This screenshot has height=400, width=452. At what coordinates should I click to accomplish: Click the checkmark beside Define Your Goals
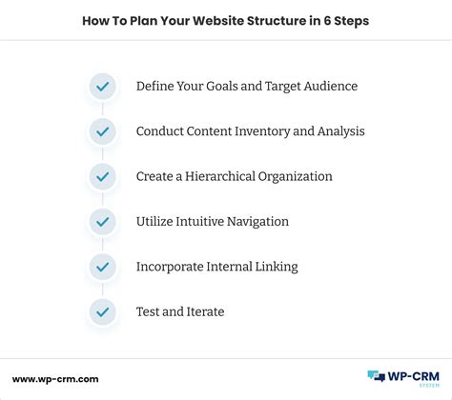coord(102,87)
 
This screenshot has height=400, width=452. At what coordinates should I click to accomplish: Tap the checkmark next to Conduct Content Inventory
coord(102,131)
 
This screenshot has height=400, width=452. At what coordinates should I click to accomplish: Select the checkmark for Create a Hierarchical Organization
coord(102,176)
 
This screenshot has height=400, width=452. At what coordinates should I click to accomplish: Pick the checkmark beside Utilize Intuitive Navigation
coord(102,221)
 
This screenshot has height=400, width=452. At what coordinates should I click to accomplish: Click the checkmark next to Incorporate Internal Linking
coord(102,266)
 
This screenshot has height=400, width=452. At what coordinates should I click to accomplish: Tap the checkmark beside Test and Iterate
coord(102,310)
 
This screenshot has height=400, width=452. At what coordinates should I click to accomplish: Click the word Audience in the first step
coord(325,87)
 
